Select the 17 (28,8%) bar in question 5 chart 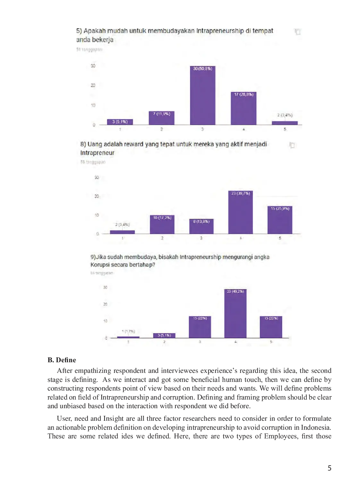coord(244,109)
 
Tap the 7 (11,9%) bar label coord(161,114)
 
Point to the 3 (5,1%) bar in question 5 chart coord(120,122)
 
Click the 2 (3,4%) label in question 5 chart coord(285,115)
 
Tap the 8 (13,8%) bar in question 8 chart coord(201,227)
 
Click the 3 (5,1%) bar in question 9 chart coord(164,336)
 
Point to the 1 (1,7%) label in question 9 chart coord(128,331)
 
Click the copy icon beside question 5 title coord(297,31)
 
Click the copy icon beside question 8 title coord(292,145)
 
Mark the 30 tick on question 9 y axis coord(105,287)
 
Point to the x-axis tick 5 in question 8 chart coord(280,238)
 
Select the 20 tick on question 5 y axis coord(93,85)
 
